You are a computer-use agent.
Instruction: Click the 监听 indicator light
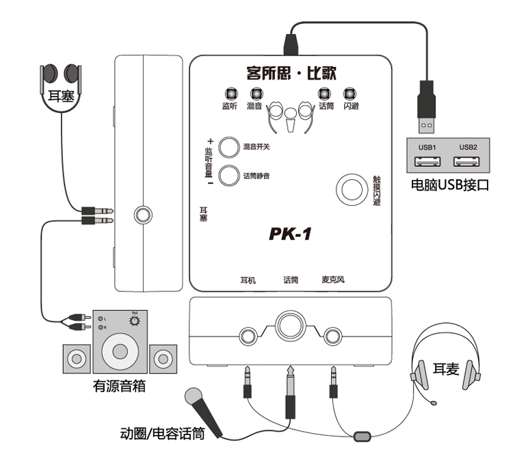pyautogui.click(x=229, y=94)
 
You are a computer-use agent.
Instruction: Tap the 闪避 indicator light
pyautogui.click(x=350, y=94)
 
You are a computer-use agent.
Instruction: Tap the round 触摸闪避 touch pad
pyautogui.click(x=353, y=188)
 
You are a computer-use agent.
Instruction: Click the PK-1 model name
pyautogui.click(x=290, y=235)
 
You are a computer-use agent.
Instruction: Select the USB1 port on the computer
pyautogui.click(x=427, y=162)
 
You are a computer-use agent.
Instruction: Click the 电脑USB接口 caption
pyautogui.click(x=449, y=185)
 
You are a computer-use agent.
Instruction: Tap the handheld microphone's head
pyautogui.click(x=192, y=397)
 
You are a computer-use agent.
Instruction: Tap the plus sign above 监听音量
pyautogui.click(x=211, y=141)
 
